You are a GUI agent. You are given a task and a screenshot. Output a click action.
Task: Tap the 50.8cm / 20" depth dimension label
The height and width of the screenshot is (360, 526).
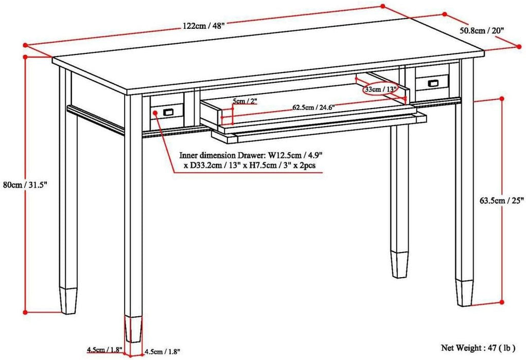(481, 30)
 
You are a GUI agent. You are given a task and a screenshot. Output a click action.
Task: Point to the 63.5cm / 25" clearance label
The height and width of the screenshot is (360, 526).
(501, 201)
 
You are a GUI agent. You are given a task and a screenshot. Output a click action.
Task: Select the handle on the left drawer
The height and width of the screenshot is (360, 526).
(167, 112)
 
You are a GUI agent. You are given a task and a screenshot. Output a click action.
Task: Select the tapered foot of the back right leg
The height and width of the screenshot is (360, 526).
(398, 263)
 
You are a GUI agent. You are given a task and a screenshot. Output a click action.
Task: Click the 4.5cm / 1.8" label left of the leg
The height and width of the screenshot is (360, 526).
(104, 350)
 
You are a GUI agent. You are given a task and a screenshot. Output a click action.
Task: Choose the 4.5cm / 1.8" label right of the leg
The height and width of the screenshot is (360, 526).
(162, 352)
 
